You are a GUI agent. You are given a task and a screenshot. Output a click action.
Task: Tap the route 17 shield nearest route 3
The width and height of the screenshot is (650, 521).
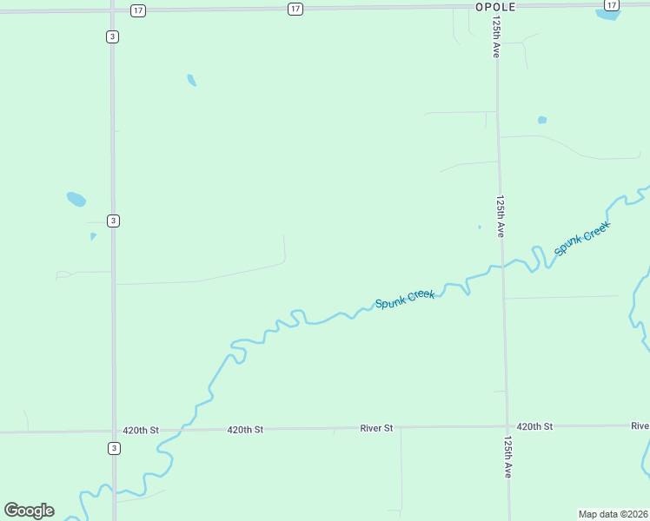tap(138, 10)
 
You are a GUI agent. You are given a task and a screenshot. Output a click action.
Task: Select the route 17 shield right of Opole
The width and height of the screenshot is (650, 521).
tap(612, 5)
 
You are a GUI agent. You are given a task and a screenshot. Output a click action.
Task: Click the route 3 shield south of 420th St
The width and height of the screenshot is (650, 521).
tap(113, 448)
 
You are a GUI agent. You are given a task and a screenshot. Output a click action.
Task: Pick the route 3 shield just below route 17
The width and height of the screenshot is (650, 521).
tap(113, 36)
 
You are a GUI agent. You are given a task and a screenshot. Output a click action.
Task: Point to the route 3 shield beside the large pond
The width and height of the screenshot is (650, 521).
tap(113, 221)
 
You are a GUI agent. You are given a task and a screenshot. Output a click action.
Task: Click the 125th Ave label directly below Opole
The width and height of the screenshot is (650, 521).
tap(496, 37)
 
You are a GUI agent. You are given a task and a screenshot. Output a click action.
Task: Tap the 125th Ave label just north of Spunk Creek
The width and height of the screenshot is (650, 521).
tap(501, 216)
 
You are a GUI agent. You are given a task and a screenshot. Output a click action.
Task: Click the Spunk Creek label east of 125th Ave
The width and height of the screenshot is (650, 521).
tap(582, 238)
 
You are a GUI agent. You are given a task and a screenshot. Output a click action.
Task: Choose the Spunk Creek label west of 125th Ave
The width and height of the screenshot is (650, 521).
tap(405, 300)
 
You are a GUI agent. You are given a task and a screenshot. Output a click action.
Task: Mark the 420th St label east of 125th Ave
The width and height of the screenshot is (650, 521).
tap(534, 426)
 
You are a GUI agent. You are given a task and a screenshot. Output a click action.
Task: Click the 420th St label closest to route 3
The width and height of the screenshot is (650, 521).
tap(141, 430)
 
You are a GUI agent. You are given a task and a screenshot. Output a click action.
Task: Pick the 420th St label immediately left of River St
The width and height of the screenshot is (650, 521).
tap(245, 430)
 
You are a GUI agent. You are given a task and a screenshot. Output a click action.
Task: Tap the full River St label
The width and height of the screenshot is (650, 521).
tap(377, 428)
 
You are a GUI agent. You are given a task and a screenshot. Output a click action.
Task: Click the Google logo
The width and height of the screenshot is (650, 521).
tap(29, 511)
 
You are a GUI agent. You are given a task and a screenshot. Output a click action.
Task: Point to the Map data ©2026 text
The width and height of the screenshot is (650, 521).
tap(612, 514)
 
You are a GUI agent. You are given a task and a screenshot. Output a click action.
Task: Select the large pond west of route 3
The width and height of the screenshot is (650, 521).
tap(76, 199)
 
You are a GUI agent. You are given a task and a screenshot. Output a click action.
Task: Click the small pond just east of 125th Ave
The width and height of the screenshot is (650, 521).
tap(542, 120)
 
